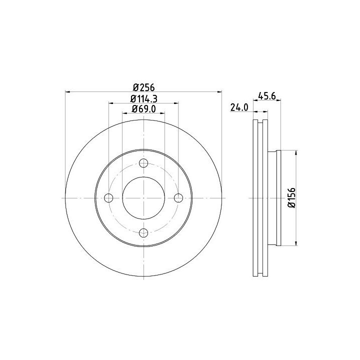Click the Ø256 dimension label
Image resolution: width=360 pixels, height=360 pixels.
click(144, 87)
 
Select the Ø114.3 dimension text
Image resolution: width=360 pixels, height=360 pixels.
click(144, 99)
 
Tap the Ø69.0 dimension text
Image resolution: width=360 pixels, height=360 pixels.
click(143, 109)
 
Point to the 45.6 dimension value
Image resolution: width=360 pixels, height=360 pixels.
click(267, 95)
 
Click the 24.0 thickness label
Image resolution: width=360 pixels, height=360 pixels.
click(239, 107)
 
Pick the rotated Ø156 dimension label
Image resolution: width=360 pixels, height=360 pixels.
click(291, 197)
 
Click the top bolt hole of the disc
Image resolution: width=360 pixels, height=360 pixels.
click(143, 163)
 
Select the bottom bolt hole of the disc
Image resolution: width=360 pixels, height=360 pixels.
click(143, 233)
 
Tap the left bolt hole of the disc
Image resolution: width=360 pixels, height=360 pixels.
click(108, 198)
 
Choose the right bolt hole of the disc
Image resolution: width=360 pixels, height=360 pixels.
click(178, 198)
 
